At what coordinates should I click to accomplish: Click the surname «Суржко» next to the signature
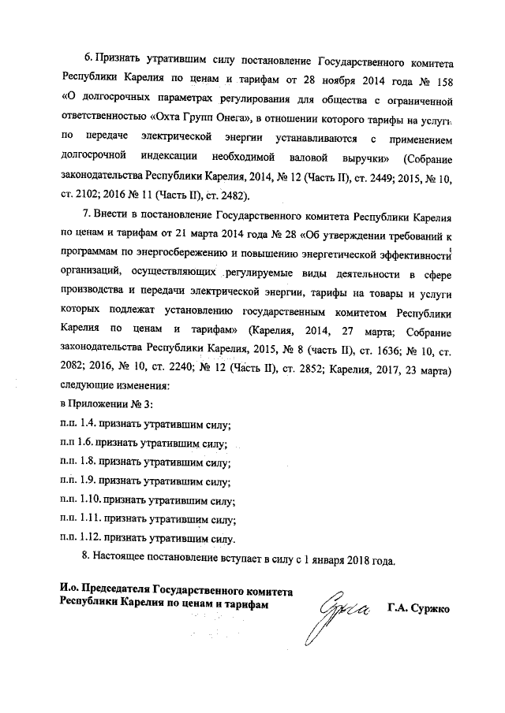(425, 607)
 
